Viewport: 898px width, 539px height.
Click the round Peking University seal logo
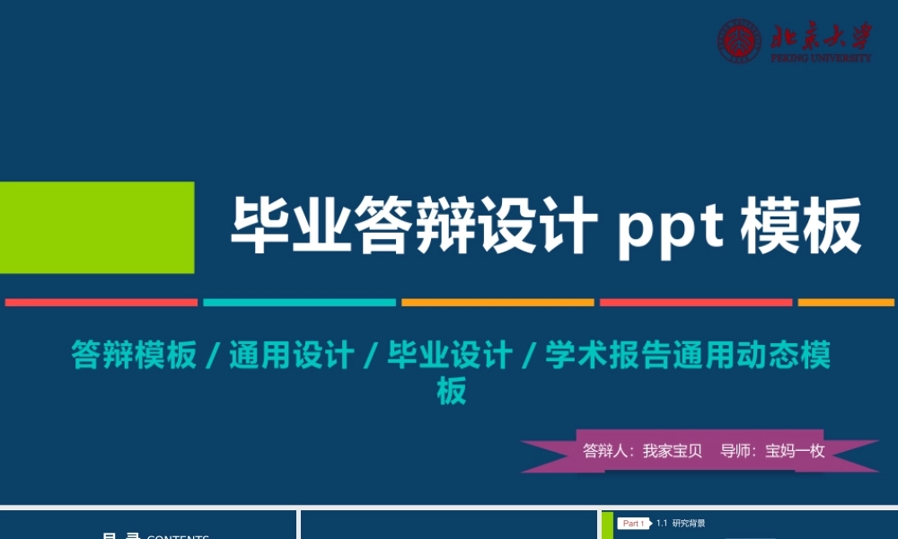tap(739, 41)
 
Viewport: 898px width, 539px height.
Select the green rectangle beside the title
tap(97, 227)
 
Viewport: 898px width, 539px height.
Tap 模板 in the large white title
tap(801, 227)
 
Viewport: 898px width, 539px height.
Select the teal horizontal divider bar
tap(299, 303)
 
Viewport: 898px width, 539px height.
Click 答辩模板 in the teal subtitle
tap(134, 355)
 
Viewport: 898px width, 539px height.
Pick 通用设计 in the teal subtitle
tap(291, 355)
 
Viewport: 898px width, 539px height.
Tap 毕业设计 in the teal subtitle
tap(449, 355)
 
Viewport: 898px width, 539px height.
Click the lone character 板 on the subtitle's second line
tap(452, 392)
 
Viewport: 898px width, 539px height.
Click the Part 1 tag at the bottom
tap(633, 524)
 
